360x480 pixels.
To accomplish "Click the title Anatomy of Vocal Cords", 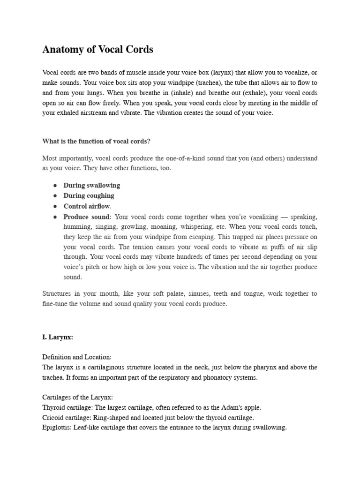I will [97, 49].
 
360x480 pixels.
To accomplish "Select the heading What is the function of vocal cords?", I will [97, 141].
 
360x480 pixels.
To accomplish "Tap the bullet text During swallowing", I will [92, 185].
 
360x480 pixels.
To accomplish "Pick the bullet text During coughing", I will [89, 195].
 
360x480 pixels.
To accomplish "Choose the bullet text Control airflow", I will [87, 206].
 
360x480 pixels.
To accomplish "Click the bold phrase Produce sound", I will [87, 217].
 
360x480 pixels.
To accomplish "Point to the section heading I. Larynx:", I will [58, 337].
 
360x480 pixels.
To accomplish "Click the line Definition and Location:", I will [77, 357].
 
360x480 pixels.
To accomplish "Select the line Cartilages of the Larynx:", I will [77, 397].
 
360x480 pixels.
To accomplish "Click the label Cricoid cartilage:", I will [65, 418].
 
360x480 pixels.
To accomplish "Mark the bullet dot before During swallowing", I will [55, 186].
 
